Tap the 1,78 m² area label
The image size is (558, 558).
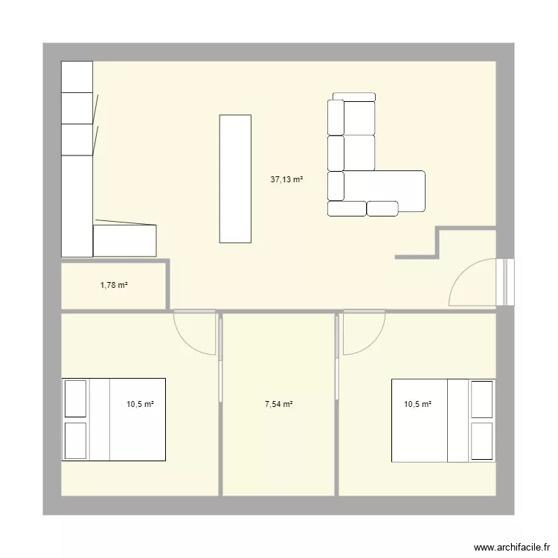[114, 283]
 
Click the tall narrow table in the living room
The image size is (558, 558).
[235, 179]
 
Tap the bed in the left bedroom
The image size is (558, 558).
[113, 419]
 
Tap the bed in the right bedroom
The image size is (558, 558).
[443, 419]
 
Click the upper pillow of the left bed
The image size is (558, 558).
[76, 399]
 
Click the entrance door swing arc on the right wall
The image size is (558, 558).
[469, 283]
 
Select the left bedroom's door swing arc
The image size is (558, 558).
[195, 333]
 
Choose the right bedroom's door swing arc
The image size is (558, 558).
[363, 333]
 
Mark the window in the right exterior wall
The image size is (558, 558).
[507, 282]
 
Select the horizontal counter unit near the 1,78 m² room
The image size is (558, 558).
[124, 240]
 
